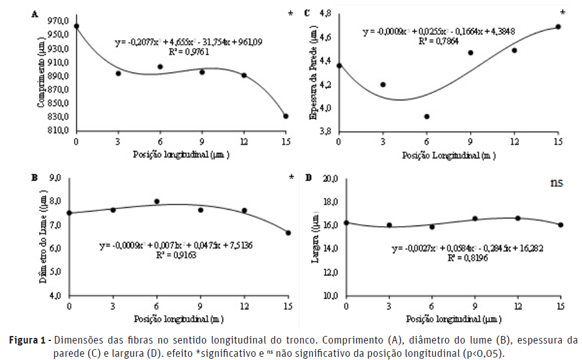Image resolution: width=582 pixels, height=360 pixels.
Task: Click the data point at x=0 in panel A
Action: point(76,27)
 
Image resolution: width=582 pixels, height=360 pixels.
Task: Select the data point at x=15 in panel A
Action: point(286,116)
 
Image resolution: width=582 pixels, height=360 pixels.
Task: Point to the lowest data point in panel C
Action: point(427,117)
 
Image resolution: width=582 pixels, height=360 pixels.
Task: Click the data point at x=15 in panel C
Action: point(558,27)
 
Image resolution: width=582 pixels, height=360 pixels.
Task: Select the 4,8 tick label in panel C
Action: point(324,14)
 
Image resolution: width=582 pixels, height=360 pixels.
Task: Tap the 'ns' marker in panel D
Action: point(556,183)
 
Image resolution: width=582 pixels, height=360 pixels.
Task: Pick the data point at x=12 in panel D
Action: point(518,218)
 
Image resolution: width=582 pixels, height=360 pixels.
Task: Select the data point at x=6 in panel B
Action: point(157,201)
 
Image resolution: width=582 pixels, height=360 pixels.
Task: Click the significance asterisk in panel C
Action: point(562,13)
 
